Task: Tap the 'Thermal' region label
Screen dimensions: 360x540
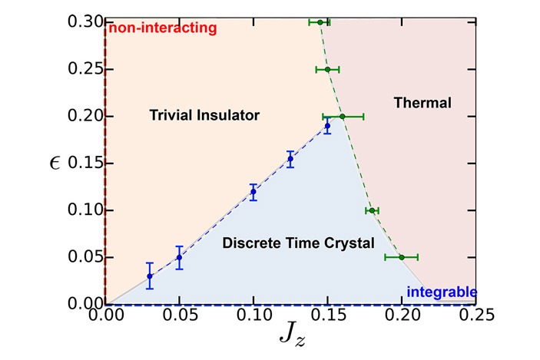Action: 421,101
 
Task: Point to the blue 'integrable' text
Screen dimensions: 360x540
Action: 442,292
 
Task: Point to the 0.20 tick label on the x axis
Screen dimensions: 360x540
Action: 402,315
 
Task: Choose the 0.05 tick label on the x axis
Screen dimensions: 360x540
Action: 179,315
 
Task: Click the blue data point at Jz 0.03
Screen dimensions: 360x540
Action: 150,276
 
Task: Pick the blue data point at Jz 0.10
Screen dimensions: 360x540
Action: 253,192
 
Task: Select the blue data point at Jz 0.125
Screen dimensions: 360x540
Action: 290,159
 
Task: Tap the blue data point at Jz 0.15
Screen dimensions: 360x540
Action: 327,126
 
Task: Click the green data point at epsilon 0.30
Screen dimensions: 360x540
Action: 320,22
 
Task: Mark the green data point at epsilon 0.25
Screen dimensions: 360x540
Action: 327,69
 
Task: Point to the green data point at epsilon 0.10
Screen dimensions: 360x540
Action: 372,210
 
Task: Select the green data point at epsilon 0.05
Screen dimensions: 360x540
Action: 401,257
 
